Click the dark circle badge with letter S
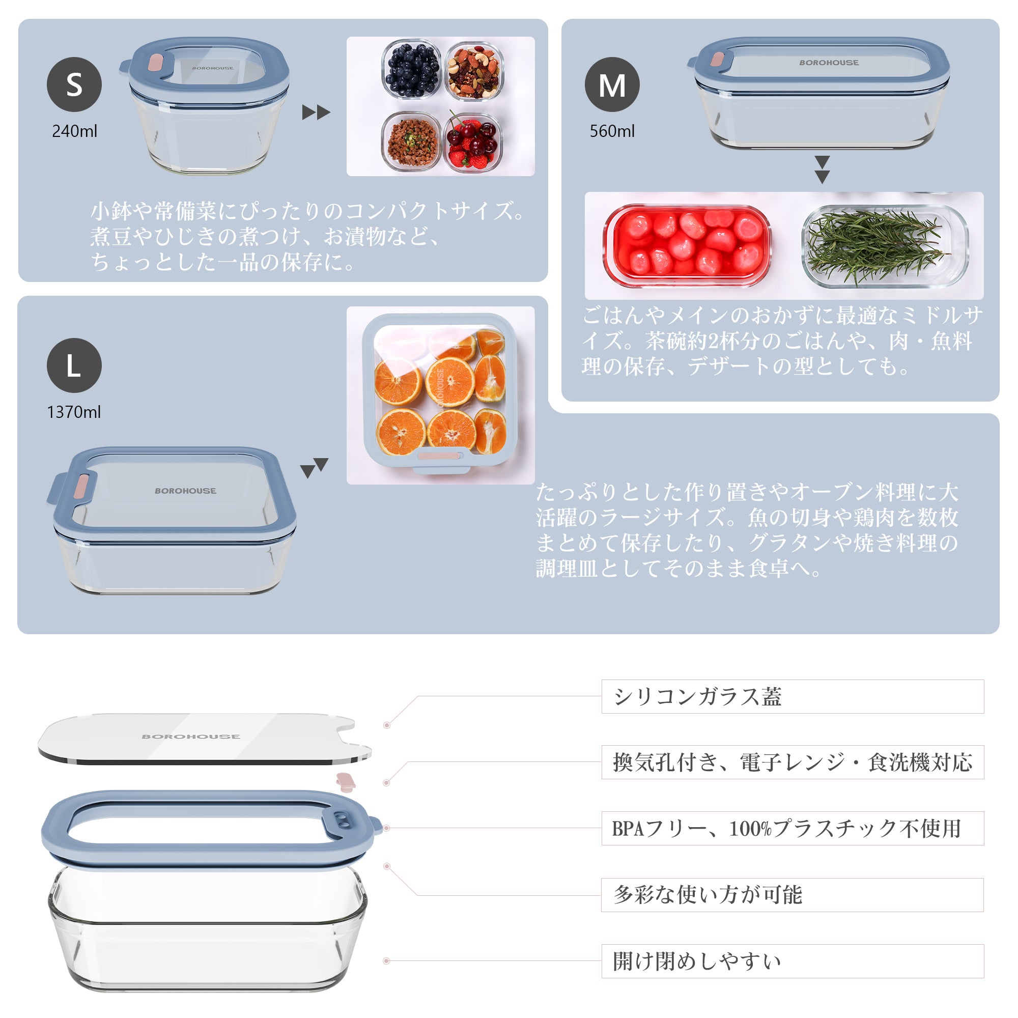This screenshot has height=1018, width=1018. tap(74, 84)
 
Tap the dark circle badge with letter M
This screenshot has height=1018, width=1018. tap(612, 84)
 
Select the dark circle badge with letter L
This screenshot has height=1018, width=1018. tap(74, 365)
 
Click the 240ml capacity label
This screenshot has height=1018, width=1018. tap(74, 131)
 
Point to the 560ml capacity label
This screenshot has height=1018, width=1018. tap(612, 131)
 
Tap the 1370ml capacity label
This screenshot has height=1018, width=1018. tap(74, 412)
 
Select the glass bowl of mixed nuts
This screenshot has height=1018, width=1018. tap(474, 71)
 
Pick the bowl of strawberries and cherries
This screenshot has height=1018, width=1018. tap(472, 141)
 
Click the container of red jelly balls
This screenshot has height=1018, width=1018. tap(687, 245)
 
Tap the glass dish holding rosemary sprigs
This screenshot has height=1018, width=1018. tap(885, 245)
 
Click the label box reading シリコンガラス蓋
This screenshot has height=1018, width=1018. tap(793, 697)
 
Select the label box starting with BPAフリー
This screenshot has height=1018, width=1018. tap(793, 828)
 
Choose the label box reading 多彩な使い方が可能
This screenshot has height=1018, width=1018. tap(793, 895)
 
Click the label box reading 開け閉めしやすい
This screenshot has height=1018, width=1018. tap(793, 961)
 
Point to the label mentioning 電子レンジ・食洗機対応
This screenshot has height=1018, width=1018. tap(793, 762)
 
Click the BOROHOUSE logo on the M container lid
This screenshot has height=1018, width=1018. tap(829, 63)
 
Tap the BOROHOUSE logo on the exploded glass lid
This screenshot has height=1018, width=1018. tap(191, 737)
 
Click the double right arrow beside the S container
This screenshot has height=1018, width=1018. tap(316, 112)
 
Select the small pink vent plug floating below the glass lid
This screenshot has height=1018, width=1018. tap(346, 782)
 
